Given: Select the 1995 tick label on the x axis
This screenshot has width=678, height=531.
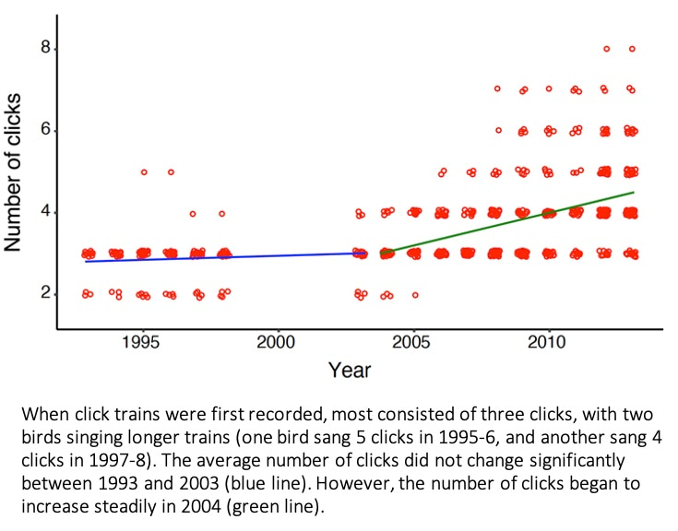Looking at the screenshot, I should [143, 343].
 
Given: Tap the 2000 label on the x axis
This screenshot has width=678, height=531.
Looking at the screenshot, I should [277, 343].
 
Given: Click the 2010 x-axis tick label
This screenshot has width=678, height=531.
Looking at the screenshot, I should [548, 343].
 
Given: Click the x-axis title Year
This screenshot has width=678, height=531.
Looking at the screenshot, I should [350, 371].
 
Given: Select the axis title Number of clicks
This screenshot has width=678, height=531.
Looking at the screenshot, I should [14, 172].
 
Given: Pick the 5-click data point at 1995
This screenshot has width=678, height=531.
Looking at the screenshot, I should [144, 171].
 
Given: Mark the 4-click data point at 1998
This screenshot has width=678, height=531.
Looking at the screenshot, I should [221, 213].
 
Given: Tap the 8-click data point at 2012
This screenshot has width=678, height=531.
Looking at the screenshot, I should [606, 49].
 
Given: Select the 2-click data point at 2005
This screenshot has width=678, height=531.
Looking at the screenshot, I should [415, 295].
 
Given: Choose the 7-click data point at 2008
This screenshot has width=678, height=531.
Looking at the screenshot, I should [497, 89].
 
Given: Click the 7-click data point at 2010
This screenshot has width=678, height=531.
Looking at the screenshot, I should [549, 89].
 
